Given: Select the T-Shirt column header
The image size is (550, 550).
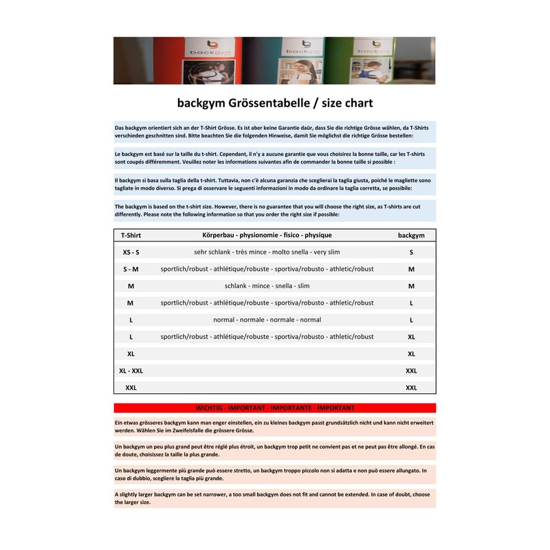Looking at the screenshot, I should click(x=131, y=235).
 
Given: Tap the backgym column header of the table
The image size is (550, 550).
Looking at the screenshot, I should click(x=411, y=235).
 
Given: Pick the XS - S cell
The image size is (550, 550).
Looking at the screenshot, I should click(x=131, y=252).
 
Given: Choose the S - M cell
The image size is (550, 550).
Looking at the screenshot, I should click(x=131, y=269).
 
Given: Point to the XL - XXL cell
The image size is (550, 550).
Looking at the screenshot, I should click(x=131, y=371).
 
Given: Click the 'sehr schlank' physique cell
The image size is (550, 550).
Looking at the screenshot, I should click(x=267, y=252).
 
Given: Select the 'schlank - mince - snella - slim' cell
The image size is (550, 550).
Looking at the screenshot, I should click(x=267, y=286).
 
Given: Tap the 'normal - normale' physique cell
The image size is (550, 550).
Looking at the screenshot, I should click(x=267, y=320).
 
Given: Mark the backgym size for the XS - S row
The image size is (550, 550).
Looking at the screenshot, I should click(x=411, y=252).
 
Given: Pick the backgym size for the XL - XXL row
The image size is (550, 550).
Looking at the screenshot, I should click(x=411, y=371).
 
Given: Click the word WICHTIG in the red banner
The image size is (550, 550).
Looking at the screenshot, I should click(x=210, y=408).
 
